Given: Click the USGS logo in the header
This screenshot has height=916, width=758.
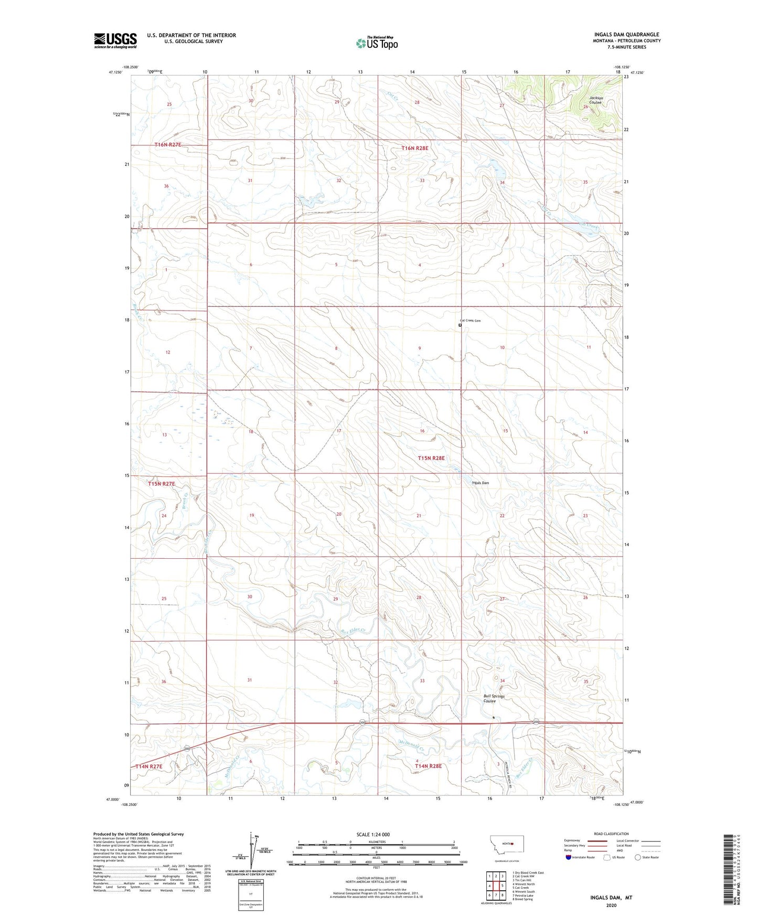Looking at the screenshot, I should pos(115,40).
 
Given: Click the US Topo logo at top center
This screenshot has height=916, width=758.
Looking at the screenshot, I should pos(377,43).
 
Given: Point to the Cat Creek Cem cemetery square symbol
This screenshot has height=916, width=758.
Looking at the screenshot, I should pos(460,325).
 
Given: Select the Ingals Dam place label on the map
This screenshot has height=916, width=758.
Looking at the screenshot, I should pos(481,483).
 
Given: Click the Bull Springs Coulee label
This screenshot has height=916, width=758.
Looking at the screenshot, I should pos(494,698).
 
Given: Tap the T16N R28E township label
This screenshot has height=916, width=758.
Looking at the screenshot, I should pos(415,148).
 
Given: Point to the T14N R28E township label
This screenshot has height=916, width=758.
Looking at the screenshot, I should pos(428,766).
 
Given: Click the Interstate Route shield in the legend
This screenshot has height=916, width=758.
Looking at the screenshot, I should pos(569,857).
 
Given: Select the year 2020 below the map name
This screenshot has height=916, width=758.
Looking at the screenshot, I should pos(611,905).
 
